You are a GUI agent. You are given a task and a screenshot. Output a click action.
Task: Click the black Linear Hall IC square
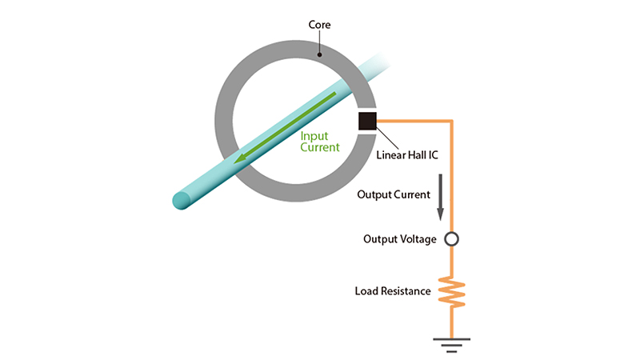click(367, 122)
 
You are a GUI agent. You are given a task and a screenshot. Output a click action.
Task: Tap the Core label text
click(320, 26)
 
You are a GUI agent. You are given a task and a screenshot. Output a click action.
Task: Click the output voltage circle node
click(451, 239)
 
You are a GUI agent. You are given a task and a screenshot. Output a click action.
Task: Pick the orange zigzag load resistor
click(451, 292)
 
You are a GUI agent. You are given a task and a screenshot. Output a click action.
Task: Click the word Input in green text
click(314, 136)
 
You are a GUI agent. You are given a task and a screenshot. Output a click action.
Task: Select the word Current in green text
click(320, 147)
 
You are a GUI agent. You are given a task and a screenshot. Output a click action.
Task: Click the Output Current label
click(394, 194)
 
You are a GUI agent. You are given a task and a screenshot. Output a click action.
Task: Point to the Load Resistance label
click(393, 290)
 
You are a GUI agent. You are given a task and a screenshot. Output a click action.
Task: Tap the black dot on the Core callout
click(319, 55)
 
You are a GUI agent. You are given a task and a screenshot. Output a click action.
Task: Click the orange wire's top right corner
click(452, 122)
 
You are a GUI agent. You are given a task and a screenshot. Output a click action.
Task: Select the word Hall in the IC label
click(416, 154)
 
